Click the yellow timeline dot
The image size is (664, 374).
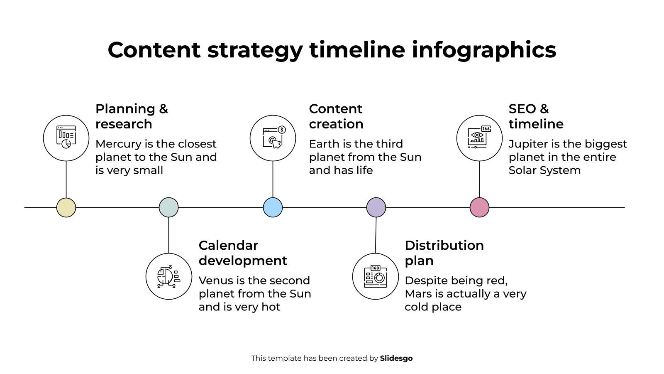pos(66,207)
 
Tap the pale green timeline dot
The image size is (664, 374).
pos(168,207)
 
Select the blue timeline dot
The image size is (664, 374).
pos(273,207)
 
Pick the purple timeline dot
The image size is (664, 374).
pos(376,207)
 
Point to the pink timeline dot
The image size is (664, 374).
pos(479,207)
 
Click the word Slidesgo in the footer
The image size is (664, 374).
pos(396,358)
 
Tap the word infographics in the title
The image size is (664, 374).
pos(484,50)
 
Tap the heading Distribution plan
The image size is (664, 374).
pos(444,253)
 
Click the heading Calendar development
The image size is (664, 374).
pos(243,253)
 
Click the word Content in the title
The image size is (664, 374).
pos(154,50)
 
